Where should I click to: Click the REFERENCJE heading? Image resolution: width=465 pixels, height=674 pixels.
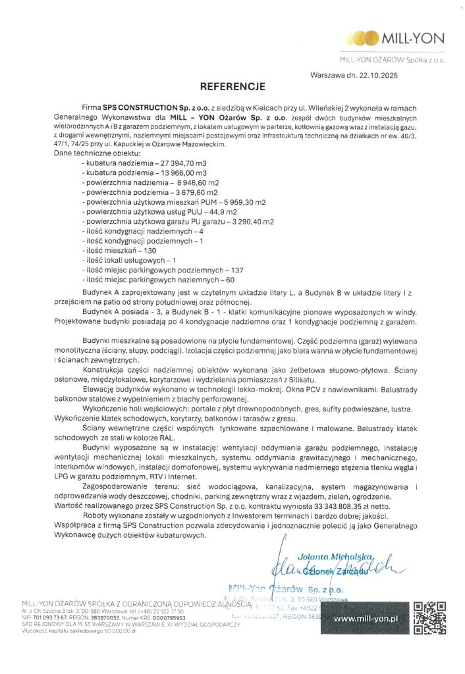(232, 86)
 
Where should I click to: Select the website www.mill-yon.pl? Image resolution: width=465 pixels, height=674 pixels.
(367, 619)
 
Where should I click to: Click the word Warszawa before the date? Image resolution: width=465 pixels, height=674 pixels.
(327, 76)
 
